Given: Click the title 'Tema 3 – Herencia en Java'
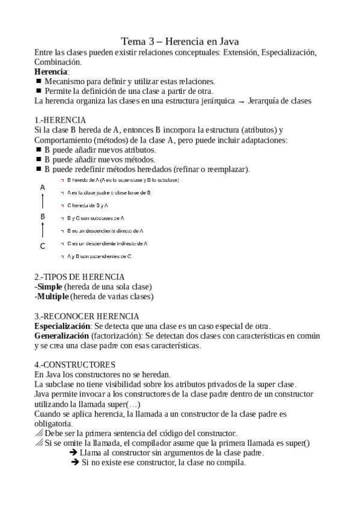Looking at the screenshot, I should pyautogui.click(x=180, y=41).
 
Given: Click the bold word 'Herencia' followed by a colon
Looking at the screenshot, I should pyautogui.click(x=50, y=72).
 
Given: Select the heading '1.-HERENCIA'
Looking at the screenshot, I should pyautogui.click(x=60, y=120).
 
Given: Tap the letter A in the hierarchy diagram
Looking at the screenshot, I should pyautogui.click(x=43, y=188).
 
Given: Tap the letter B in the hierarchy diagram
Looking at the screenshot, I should pyautogui.click(x=43, y=217).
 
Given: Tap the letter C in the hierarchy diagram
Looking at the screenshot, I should pyautogui.click(x=43, y=245).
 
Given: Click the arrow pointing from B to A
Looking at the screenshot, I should pyautogui.click(x=43, y=201).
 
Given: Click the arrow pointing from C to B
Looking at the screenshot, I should pyautogui.click(x=43, y=230).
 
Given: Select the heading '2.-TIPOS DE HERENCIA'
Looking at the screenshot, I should pyautogui.click(x=79, y=277).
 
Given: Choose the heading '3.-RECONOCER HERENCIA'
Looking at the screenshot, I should pyautogui.click(x=87, y=316).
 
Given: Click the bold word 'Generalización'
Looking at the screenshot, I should pyautogui.click(x=62, y=335).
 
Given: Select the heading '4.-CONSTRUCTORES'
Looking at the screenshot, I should pyautogui.click(x=75, y=364).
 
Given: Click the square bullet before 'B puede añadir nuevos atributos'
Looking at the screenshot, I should pyautogui.click(x=38, y=149).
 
